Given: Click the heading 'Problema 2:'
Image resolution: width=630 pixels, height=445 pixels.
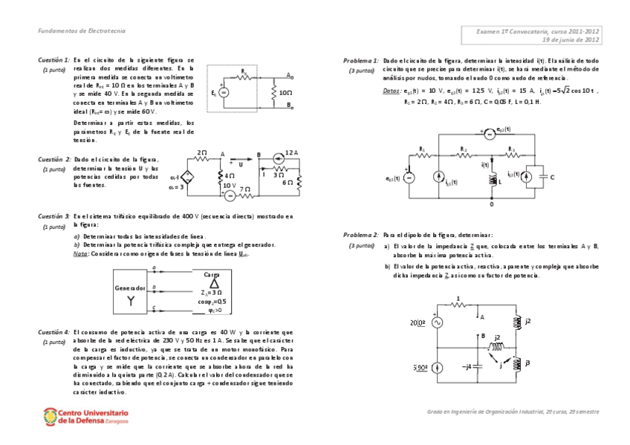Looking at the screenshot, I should coord(361,234).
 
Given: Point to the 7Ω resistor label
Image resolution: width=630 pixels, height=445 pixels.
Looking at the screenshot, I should coord(245,190).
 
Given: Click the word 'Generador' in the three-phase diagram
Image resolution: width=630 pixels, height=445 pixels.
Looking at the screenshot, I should coord(129,287).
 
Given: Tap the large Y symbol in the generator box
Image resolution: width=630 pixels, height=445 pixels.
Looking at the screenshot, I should coord(129,300).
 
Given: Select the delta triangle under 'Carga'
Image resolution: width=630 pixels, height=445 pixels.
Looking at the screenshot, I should coord(214,283).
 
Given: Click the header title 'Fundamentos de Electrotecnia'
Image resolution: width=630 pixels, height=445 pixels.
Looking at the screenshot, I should coord(82,30).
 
